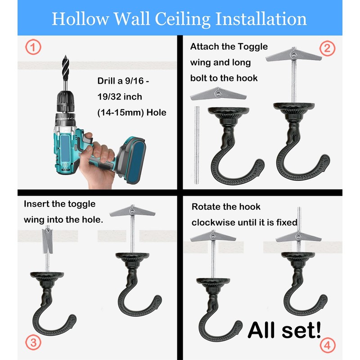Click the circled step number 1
[x=33, y=46]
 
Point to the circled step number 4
[x=328, y=345]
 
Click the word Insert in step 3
[x=37, y=204]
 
